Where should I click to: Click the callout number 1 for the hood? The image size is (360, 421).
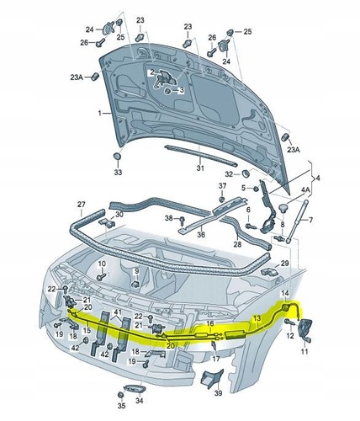98,112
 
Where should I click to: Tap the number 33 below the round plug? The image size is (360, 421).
118,173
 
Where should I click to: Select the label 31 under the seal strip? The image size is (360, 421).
200,168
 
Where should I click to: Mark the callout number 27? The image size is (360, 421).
82,205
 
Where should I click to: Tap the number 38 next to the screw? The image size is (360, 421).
168,218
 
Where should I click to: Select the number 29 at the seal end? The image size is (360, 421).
284,264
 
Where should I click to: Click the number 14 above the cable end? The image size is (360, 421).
284,293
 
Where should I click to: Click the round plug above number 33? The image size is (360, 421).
118,157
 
